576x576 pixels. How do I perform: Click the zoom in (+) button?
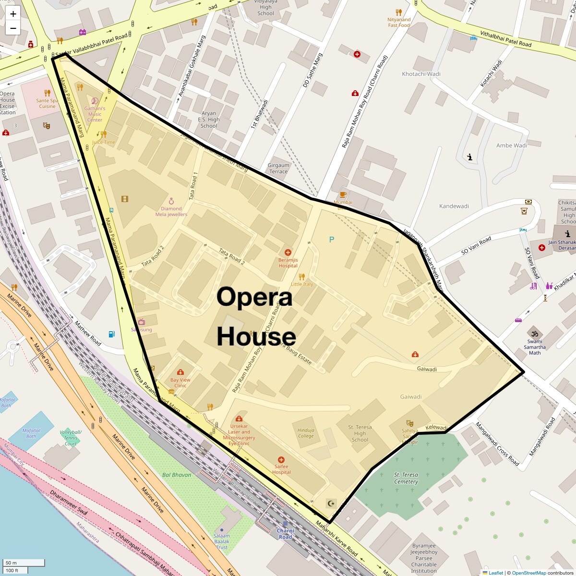tap(13, 14)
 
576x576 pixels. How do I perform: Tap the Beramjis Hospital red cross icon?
tap(288, 252)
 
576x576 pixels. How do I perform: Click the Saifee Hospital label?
tap(281, 469)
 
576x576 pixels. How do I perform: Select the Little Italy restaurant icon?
tap(301, 276)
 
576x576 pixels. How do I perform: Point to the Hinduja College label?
tap(306, 433)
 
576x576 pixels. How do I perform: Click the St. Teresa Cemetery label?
tap(406, 478)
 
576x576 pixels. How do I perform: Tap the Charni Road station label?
tap(285, 533)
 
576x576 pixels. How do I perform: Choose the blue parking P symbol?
tap(331, 239)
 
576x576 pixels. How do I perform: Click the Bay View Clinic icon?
tap(180, 372)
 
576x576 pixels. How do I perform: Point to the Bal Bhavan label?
tap(177, 475)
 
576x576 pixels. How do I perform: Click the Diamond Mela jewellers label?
tap(171, 211)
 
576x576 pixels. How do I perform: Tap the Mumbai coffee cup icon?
tap(343, 194)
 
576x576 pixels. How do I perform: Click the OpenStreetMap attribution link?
tap(528, 573)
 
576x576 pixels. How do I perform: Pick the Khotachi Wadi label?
tap(421, 74)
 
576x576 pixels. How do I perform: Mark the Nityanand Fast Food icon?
tap(398, 12)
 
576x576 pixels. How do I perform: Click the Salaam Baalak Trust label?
tap(222, 541)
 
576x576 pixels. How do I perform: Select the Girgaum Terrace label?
tap(278, 168)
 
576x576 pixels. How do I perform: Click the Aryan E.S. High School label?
tap(209, 120)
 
